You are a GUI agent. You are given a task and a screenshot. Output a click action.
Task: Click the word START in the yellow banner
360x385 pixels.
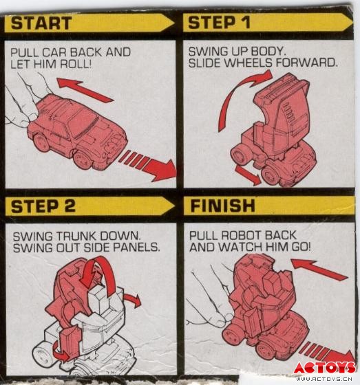pos(41,23)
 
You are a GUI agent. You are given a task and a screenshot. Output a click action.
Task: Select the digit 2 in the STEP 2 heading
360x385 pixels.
pos(69,206)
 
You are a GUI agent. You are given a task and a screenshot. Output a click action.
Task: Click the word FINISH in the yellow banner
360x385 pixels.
pos(222,206)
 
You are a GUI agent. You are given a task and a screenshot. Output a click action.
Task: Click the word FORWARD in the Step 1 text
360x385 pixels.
pos(306,63)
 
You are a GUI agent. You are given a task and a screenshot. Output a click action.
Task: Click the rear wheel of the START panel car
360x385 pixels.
pos(42,142)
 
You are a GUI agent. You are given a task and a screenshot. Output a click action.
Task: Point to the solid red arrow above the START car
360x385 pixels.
pos(85,90)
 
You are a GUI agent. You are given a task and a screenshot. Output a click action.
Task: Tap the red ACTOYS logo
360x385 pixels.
pos(325,368)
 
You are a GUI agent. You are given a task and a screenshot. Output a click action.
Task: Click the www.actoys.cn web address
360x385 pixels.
pos(324,379)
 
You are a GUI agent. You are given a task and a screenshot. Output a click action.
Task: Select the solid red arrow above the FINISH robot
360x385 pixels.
pos(319,269)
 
